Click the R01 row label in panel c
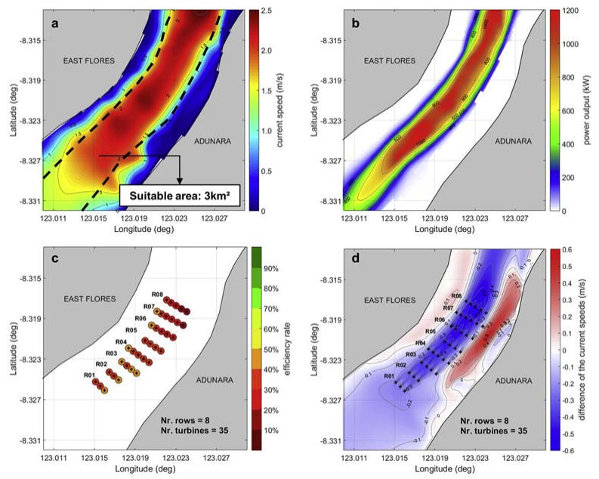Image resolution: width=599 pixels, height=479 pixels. pos(89,375)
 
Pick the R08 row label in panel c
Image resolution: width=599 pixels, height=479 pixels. pos(157,294)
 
